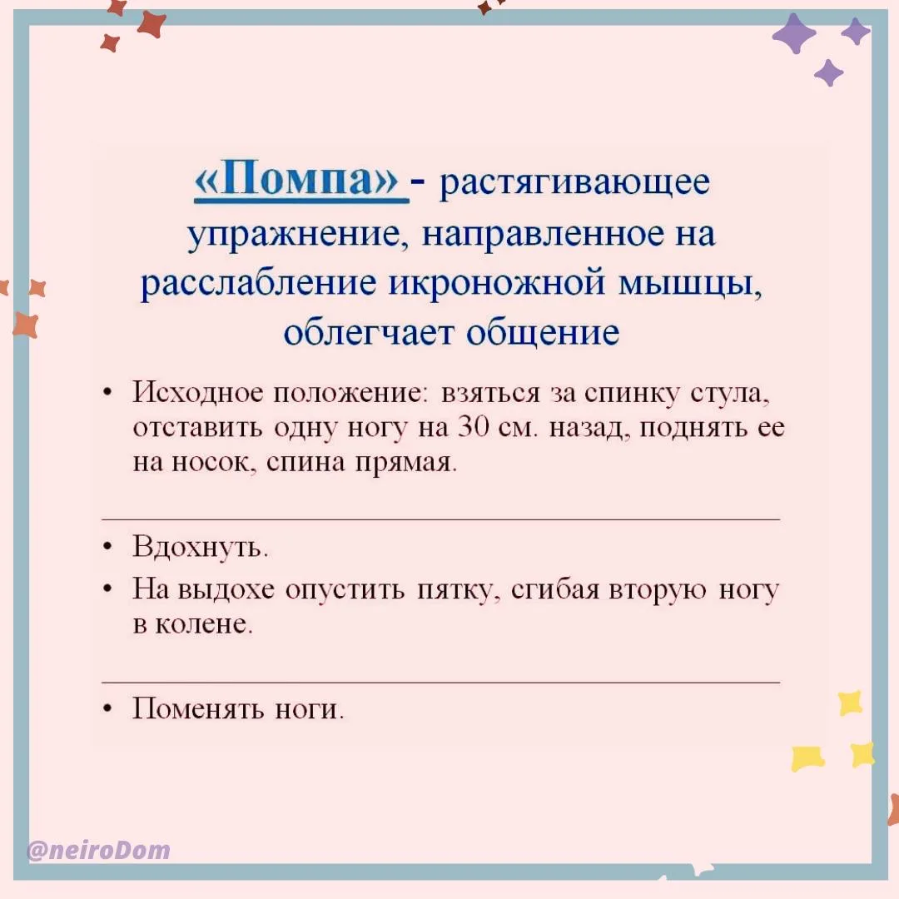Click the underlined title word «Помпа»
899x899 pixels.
pyautogui.click(x=296, y=181)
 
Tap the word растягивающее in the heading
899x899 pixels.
pyautogui.click(x=574, y=183)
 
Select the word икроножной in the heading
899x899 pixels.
pyautogui.click(x=497, y=283)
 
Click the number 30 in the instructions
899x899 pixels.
pyautogui.click(x=473, y=428)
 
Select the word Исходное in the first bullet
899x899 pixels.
pyautogui.click(x=198, y=393)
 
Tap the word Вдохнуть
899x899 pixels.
pyautogui.click(x=200, y=546)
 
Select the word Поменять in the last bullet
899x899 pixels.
pyautogui.click(x=198, y=708)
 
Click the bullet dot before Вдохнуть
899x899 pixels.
pyautogui.click(x=107, y=548)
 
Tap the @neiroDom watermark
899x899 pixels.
pyautogui.click(x=98, y=850)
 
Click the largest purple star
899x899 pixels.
pyautogui.click(x=794, y=33)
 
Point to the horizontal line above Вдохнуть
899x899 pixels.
pyautogui.click(x=441, y=519)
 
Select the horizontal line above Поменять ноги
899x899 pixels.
pyautogui.click(x=441, y=683)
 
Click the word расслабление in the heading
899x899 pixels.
pyautogui.click(x=259, y=283)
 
